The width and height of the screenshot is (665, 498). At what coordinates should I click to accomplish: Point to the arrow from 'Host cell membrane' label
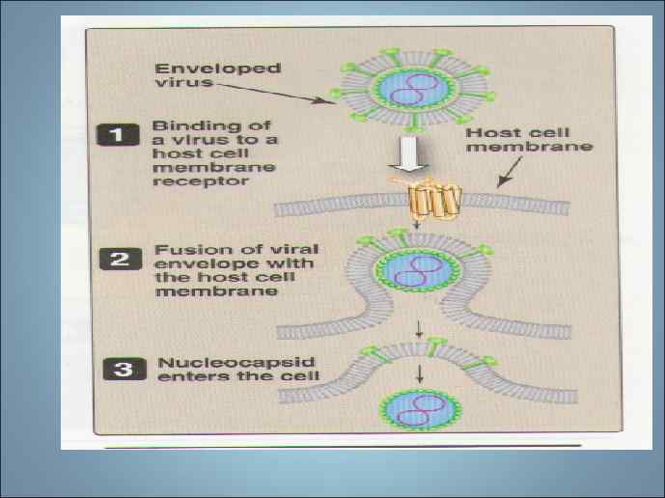click(506, 177)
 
